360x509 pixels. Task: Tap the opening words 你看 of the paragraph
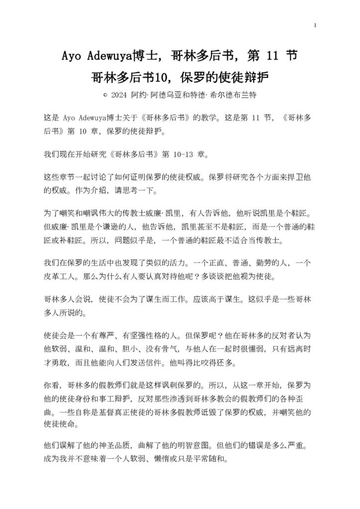click(x=52, y=386)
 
